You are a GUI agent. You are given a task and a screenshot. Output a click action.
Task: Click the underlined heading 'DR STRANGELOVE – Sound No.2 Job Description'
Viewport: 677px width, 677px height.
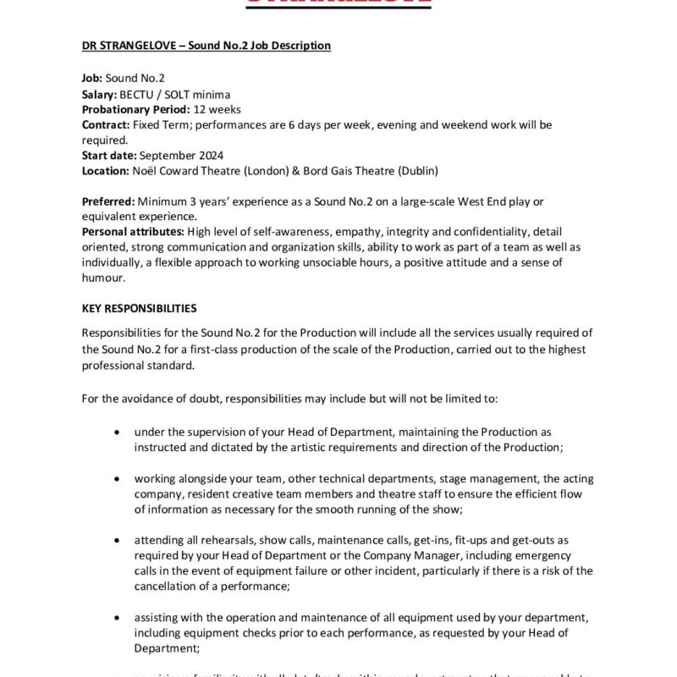[x=206, y=45]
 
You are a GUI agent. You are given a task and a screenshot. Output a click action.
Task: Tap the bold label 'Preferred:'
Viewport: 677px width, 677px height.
[x=108, y=201]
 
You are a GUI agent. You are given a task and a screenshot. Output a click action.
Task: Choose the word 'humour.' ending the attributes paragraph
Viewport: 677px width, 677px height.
[x=103, y=277]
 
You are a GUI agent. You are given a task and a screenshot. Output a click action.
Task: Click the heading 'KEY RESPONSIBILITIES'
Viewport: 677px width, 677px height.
[x=140, y=308]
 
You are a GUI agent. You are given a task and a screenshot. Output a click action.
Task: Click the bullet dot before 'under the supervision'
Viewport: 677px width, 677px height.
[x=116, y=432]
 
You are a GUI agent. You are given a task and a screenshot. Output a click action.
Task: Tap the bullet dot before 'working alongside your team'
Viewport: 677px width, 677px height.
[x=116, y=478]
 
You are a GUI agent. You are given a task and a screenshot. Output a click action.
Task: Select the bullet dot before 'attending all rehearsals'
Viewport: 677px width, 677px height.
[x=116, y=539]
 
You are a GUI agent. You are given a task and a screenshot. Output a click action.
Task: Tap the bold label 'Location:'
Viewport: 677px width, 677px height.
[x=106, y=170]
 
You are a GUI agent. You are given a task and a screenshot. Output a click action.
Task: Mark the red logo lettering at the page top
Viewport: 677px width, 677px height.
[x=338, y=3]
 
